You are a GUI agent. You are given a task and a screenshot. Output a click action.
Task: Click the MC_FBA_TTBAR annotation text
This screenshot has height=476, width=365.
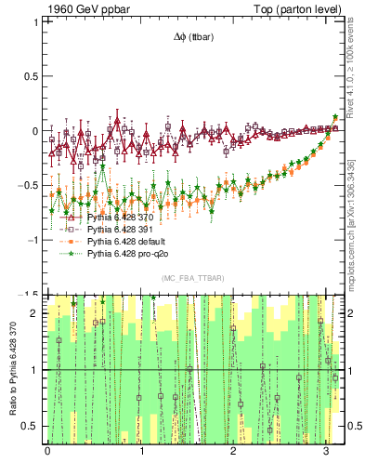pyautogui.click(x=189, y=278)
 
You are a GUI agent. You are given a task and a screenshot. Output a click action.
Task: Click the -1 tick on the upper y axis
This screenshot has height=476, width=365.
pyautogui.click(x=35, y=239)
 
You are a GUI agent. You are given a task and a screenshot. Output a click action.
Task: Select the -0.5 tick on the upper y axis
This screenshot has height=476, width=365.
pyautogui.click(x=31, y=185)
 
